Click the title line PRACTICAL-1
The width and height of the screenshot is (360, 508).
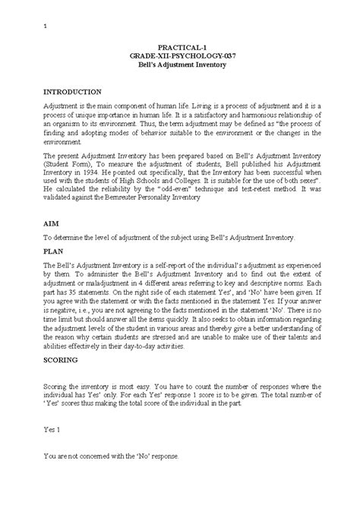pos(180,47)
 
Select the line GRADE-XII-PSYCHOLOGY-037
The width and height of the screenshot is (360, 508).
pos(180,56)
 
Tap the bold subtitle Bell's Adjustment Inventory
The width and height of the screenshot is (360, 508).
pos(180,65)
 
